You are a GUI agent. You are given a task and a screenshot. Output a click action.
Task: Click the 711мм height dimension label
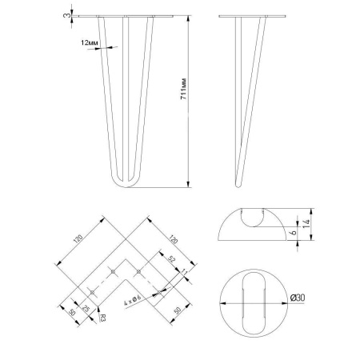click(184, 89)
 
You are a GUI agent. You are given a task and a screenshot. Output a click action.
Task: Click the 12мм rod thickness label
click(90, 42)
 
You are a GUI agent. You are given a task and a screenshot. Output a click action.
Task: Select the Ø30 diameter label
click(298, 298)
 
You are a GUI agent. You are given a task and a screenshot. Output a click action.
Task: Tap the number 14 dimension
click(306, 223)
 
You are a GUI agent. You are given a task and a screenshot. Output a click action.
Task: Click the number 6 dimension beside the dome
click(293, 232)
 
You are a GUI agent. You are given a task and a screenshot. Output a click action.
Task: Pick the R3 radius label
click(102, 317)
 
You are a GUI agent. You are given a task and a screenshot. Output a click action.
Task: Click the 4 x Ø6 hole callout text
click(134, 302)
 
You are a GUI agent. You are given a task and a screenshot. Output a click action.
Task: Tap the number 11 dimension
click(184, 272)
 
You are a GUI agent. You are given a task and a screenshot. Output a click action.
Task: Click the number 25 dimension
click(86, 308)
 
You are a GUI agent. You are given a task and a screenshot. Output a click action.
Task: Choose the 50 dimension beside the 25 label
click(72, 312)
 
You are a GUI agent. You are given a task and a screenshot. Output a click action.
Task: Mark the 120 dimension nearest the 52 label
click(173, 238)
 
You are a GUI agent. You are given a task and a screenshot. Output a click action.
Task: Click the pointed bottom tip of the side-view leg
click(238, 186)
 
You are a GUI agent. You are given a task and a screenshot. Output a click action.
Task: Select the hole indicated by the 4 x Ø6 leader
click(159, 293)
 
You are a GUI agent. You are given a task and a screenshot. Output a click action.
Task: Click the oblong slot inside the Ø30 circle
click(254, 303)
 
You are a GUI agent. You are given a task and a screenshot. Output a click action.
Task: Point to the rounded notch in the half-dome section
click(252, 219)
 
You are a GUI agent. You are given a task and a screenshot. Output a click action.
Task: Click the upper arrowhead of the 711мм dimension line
click(189, 18)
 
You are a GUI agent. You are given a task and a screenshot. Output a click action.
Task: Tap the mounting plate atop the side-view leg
click(252, 16)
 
